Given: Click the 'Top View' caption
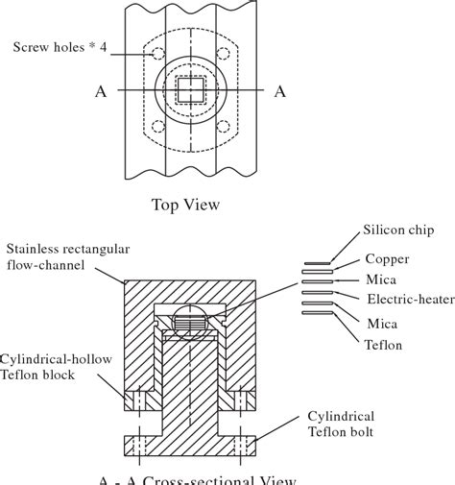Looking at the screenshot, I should click(x=185, y=205).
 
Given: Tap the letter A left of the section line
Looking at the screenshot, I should click(x=101, y=92).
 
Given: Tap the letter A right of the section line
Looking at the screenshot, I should click(x=280, y=92).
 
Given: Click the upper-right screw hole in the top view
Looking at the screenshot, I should click(x=224, y=55).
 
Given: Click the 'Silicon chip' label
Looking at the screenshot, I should click(x=396, y=230).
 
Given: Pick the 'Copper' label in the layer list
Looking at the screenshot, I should click(x=387, y=259).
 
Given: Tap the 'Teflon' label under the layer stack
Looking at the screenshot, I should click(x=385, y=343).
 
